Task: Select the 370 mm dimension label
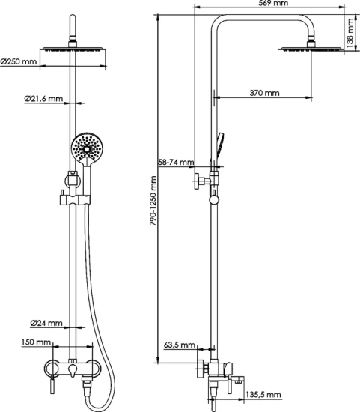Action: pos(264,93)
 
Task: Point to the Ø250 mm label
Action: pos(19,61)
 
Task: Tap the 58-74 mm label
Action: pos(176,162)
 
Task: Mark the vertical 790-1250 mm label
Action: pos(153,202)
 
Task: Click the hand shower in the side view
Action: pos(218,144)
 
